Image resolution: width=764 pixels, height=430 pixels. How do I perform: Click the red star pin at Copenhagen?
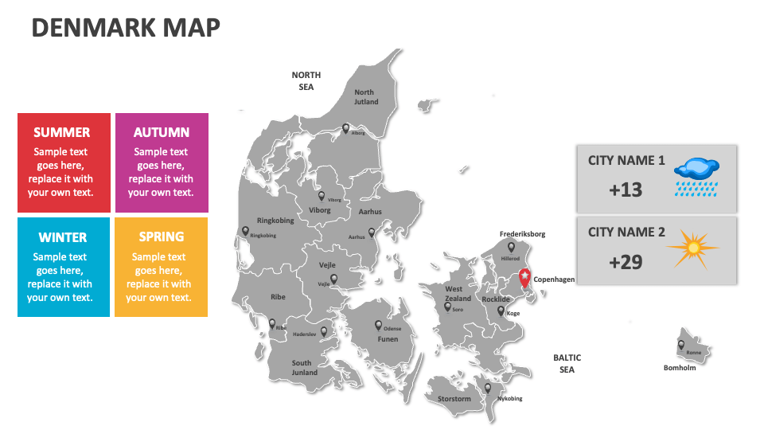(524, 276)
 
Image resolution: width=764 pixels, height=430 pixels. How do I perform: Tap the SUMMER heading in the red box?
(62, 133)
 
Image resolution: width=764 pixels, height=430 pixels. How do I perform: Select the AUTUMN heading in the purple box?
(162, 133)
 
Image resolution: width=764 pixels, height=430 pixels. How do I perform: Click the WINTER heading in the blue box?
(62, 237)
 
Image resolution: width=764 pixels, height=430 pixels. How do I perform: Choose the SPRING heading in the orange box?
(161, 237)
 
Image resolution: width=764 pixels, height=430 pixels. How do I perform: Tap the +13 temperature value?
(625, 190)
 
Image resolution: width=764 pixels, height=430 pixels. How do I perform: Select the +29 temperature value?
(625, 262)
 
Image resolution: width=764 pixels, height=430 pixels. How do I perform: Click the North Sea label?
(306, 80)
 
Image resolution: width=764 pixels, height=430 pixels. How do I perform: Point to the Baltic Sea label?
(567, 364)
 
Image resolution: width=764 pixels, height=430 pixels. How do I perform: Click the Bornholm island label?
(680, 368)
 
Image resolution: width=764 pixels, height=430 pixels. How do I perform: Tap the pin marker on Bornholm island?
(681, 346)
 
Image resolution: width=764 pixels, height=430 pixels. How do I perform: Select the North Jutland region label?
(365, 97)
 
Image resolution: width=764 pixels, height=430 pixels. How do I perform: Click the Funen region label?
(388, 339)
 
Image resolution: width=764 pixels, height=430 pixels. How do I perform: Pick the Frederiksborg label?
(522, 234)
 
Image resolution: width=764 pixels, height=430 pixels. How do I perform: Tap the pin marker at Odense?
(379, 325)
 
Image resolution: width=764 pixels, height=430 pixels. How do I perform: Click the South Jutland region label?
(303, 368)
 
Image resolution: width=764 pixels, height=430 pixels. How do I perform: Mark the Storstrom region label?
(454, 400)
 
